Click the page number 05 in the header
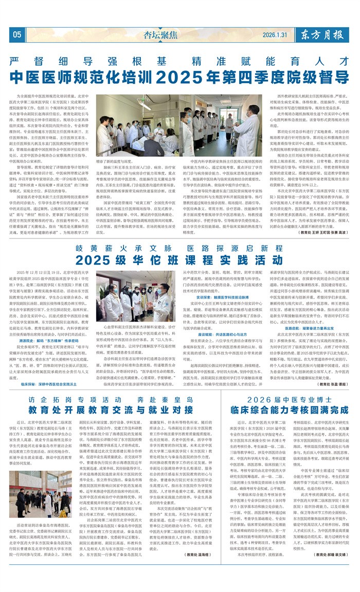(x=17, y=35)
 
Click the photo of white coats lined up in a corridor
(x=222, y=125)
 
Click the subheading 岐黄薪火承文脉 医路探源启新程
(x=179, y=247)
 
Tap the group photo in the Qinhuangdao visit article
(x=33, y=494)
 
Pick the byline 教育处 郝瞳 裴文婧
(x=327, y=569)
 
